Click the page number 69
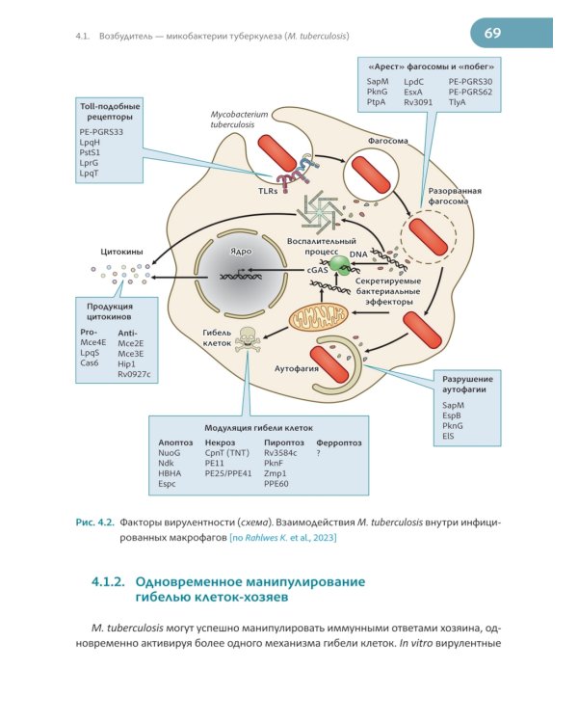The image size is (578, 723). point(492,33)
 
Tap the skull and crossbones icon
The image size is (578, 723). point(247,339)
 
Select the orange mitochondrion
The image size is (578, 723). point(319,317)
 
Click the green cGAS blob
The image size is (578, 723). point(341,263)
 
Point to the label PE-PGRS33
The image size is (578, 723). point(101,132)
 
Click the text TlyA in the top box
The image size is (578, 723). point(457,102)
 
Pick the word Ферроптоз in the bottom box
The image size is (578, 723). point(339,442)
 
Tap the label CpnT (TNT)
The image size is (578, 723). point(226,453)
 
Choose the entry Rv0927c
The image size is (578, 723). point(134,374)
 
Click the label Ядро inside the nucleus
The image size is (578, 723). point(241,252)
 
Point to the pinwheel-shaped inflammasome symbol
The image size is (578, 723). point(321,211)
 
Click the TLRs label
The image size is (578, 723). point(268,191)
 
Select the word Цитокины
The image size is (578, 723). point(121,252)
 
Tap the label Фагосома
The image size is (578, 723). point(387,141)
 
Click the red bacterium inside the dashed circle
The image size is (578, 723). point(429,237)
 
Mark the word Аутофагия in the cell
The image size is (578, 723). point(297,368)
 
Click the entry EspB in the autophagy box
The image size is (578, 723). point(451,415)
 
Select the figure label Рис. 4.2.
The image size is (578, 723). point(95,522)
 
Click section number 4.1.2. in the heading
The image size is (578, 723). point(108,581)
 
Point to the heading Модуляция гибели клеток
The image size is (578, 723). point(258,428)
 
